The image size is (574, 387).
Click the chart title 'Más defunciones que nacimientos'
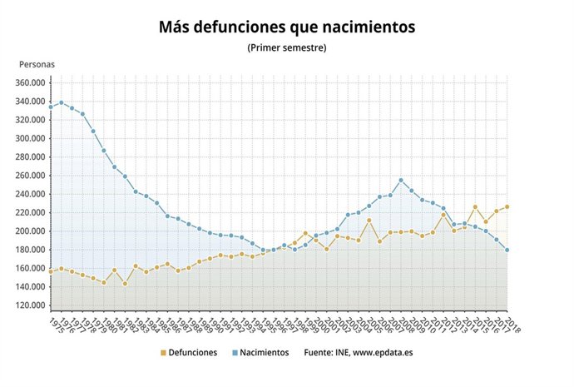point(286,27)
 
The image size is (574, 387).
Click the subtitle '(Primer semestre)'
point(286,48)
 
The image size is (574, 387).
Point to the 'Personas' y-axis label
point(37,64)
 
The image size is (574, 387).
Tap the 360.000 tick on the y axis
point(27,82)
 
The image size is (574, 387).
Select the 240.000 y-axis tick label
point(27,194)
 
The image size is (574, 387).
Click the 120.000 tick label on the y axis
point(27,305)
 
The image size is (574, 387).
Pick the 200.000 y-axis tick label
point(27,231)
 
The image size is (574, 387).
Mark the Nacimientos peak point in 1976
point(61,102)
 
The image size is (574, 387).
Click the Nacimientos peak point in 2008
point(401,180)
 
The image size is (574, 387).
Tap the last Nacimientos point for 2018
point(507,250)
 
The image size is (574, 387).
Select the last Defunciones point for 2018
point(507,206)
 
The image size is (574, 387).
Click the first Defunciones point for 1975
point(51,271)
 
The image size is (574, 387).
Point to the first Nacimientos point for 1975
point(51,107)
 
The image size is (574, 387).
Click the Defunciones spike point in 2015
point(475,206)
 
